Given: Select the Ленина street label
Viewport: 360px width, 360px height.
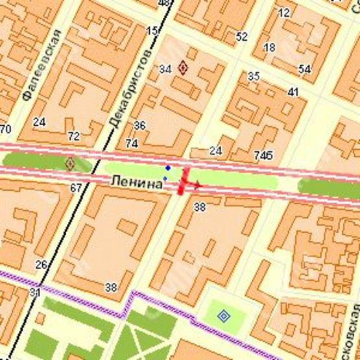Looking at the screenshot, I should coord(136,184).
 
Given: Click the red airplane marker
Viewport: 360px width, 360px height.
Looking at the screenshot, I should coord(187,182).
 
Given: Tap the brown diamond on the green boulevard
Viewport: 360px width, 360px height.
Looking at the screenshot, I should coord(70,163).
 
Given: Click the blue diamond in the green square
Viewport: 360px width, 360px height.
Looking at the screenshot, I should coord(224,316).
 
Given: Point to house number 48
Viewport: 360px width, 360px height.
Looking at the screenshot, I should coord(164,4).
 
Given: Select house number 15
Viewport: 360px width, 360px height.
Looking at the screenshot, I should coord(152,30).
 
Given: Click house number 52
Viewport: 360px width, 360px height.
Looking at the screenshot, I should coord(241,37).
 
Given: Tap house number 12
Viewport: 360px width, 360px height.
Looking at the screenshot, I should coord(283,12).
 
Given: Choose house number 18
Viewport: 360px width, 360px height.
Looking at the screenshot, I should coord(269,47).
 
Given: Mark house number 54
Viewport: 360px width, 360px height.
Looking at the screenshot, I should coord(304,69).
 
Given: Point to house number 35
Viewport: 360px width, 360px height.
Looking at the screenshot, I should coord(254,77).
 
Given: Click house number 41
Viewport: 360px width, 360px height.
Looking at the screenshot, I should coord(293,92).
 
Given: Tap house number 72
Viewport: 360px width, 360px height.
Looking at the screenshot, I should coord(74,136).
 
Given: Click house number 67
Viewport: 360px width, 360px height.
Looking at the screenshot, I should coord(76,188).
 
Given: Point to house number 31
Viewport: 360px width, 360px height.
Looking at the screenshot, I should coord(34,293).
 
